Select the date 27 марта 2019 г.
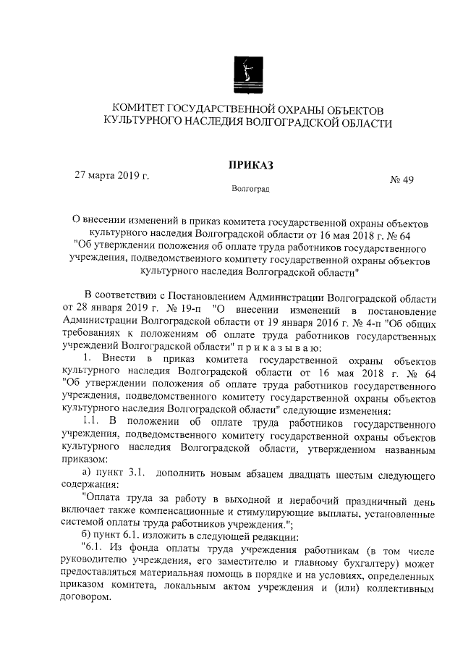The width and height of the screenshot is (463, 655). tap(112, 175)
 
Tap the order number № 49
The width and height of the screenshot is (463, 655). tap(402, 181)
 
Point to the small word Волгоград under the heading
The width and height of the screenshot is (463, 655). tap(250, 190)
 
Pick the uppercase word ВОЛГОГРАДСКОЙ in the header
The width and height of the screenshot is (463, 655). tap(305, 124)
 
